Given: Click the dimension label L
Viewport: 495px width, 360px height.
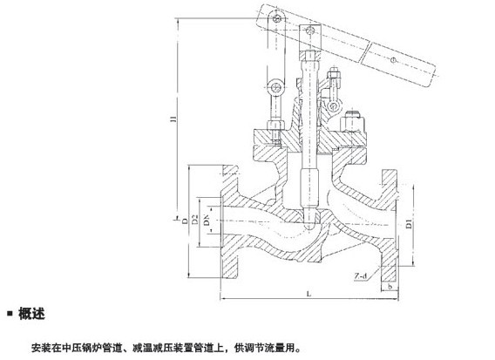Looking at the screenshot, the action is click(309, 294).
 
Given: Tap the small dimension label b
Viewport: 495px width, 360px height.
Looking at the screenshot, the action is click(390, 287).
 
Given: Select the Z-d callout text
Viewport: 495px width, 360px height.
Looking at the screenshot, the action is click(361, 276).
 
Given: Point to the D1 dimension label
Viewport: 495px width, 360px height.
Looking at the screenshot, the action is click(409, 223).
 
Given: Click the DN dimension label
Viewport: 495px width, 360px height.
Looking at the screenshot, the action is click(207, 220).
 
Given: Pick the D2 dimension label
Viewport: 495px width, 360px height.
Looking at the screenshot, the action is click(195, 219).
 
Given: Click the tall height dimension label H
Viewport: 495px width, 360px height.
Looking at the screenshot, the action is click(173, 119).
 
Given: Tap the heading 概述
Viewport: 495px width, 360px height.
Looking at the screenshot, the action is click(31, 314).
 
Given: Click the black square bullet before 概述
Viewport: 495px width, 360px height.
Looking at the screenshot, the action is click(10, 314).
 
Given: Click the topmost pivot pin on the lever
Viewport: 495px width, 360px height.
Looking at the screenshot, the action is click(277, 18).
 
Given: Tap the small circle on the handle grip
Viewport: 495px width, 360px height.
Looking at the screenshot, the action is click(393, 59).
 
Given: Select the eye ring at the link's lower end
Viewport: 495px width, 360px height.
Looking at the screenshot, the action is click(275, 87).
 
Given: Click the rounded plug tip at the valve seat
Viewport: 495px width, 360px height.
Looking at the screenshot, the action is click(310, 225).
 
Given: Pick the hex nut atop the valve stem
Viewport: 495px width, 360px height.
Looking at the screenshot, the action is click(310, 57).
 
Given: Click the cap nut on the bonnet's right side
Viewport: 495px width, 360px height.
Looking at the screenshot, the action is click(353, 121).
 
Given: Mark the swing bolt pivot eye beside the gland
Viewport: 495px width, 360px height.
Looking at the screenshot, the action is click(333, 106).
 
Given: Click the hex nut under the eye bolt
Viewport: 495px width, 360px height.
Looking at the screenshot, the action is click(275, 125).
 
